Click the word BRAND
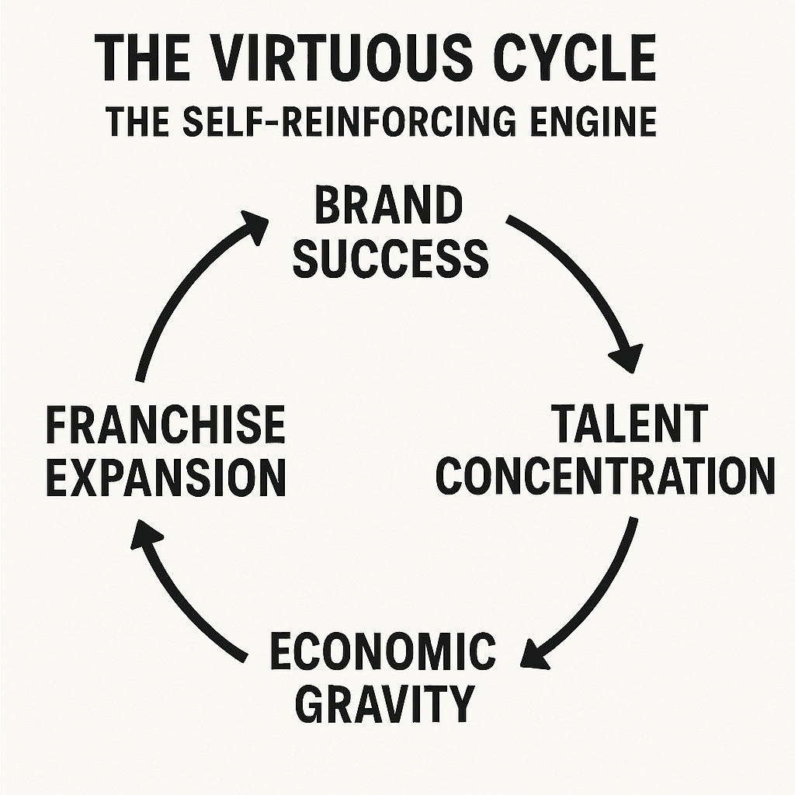click(388, 208)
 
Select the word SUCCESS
click(391, 259)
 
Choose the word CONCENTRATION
click(605, 475)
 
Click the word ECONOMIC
click(382, 651)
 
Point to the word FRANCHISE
click(165, 425)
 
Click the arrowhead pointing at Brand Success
click(252, 221)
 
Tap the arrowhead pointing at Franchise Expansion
click(147, 536)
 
